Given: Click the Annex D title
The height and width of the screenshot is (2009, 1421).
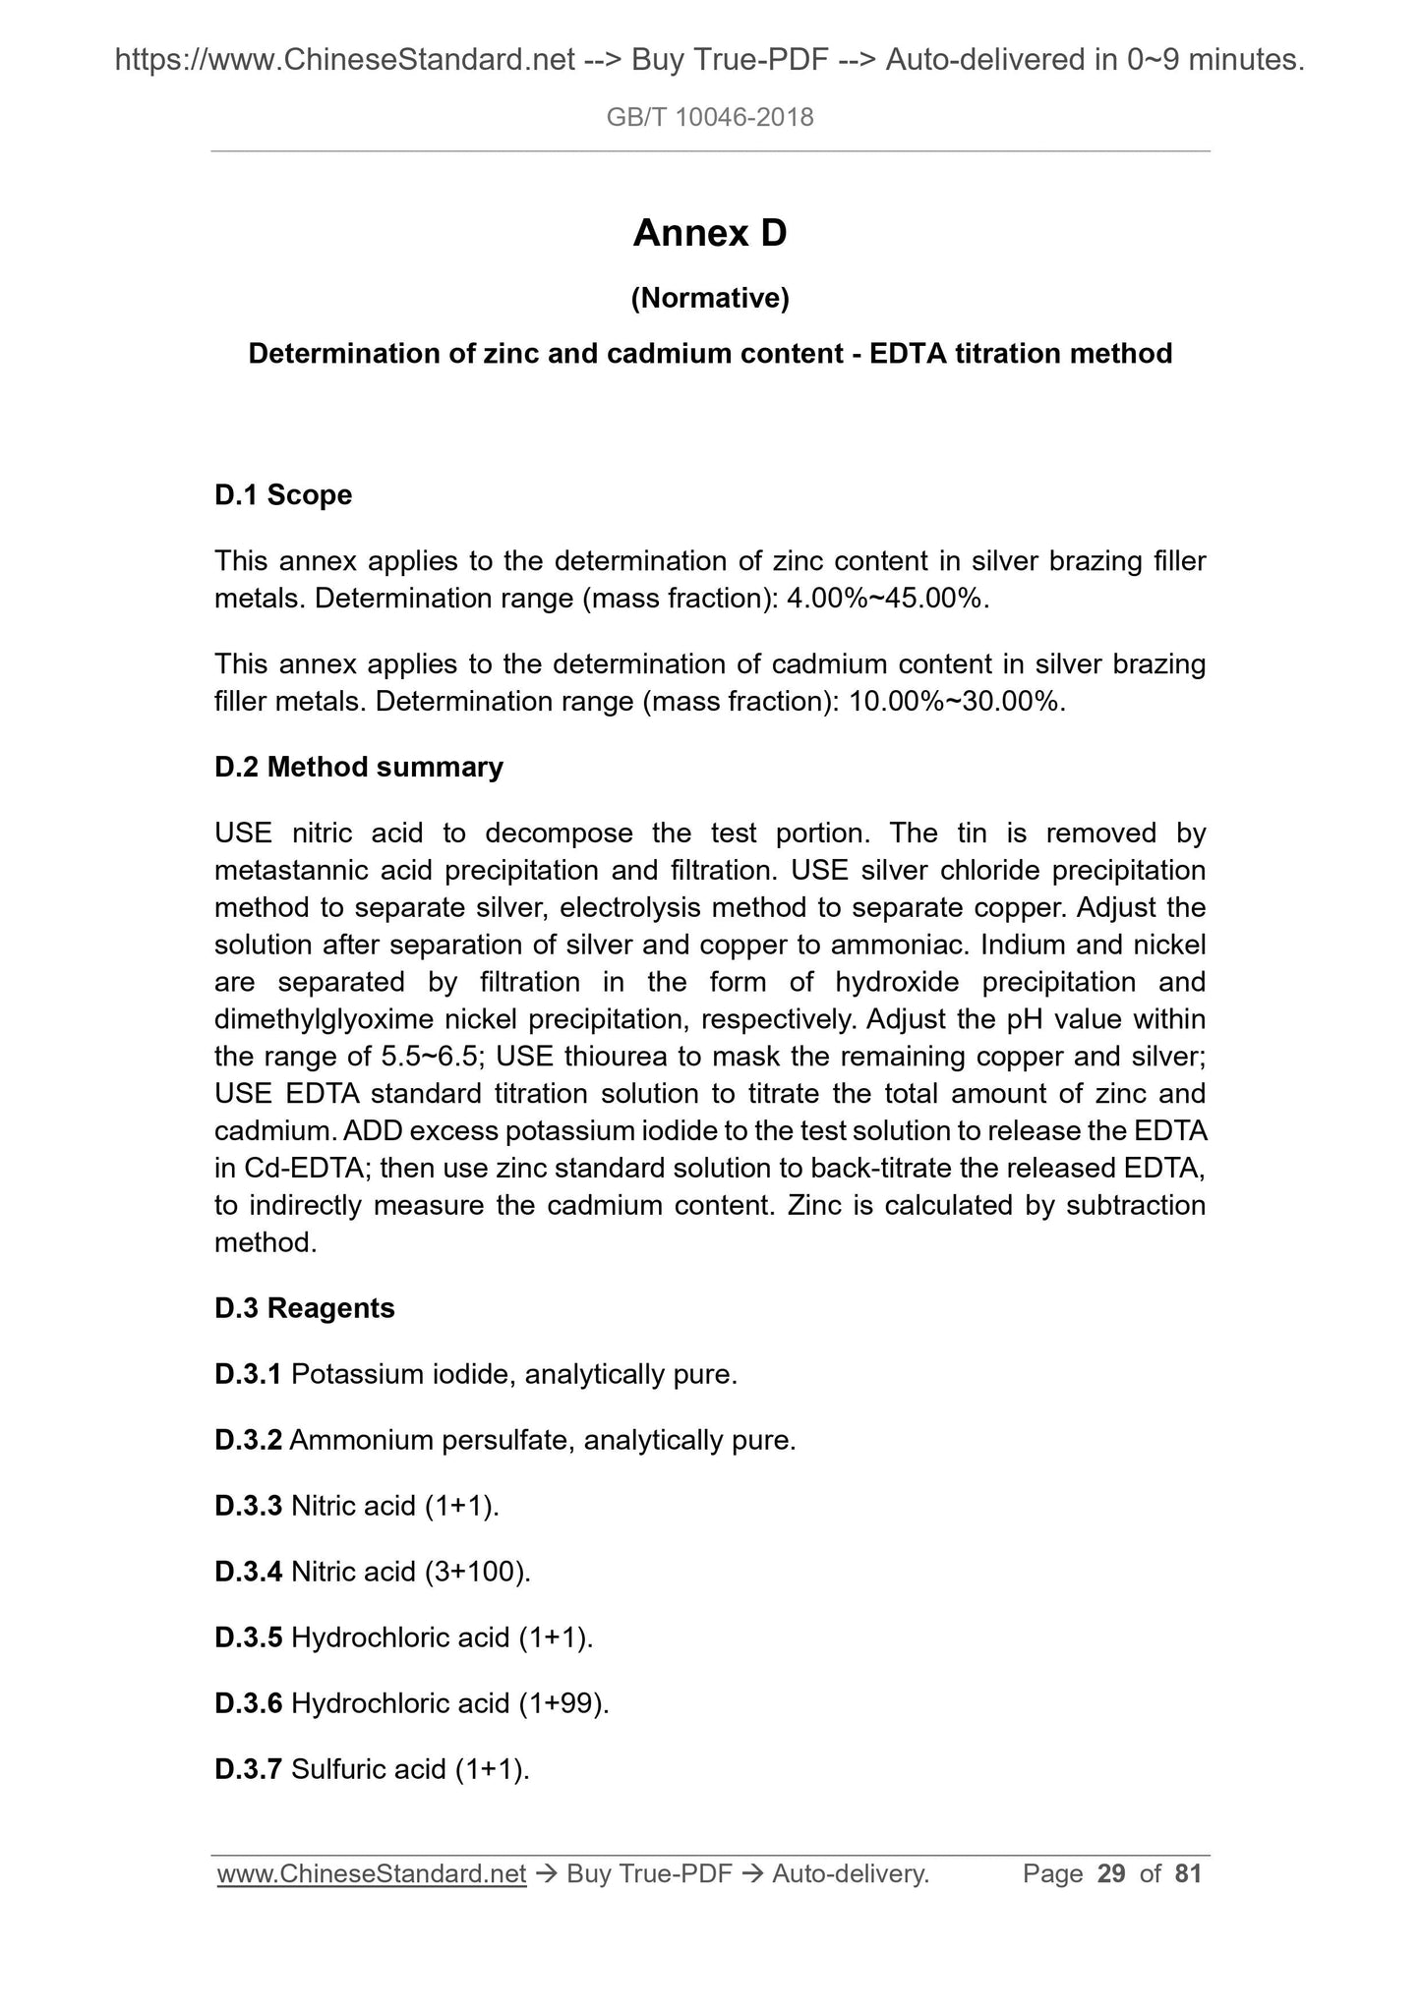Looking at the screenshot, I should click(x=709, y=234).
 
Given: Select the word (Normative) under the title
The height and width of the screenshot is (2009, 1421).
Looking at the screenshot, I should click(x=709, y=298).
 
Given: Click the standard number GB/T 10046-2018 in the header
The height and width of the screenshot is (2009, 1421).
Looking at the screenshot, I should click(x=709, y=118).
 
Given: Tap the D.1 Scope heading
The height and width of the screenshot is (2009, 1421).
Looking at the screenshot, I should click(x=282, y=494).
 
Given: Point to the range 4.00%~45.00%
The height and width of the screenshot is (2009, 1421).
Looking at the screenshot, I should click(x=884, y=599).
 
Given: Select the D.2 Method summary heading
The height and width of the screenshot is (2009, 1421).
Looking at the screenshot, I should click(x=358, y=767).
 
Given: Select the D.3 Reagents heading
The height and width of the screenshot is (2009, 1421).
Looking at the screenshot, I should click(x=304, y=1308).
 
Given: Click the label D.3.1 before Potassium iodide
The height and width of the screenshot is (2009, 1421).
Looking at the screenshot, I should click(x=248, y=1374).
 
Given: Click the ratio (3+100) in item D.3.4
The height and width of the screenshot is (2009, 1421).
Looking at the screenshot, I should click(x=477, y=1572).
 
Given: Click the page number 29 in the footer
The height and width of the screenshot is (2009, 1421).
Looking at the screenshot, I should click(x=1111, y=1873).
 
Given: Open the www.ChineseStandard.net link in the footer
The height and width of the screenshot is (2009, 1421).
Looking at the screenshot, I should click(x=372, y=1874).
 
